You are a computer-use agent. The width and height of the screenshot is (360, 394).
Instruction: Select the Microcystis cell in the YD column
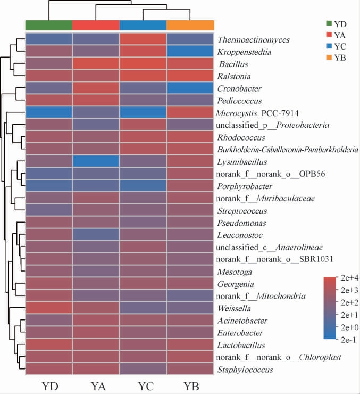tap(49, 113)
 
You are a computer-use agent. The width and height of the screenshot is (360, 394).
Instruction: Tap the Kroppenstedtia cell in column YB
tap(190, 52)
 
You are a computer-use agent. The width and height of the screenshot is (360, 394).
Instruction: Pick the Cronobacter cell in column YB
tap(190, 88)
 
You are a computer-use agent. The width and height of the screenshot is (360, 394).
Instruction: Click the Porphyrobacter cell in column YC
tap(143, 186)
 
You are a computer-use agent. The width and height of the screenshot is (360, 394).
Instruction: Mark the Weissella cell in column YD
tap(49, 308)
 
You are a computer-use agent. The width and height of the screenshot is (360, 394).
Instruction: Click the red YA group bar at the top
tap(96, 25)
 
